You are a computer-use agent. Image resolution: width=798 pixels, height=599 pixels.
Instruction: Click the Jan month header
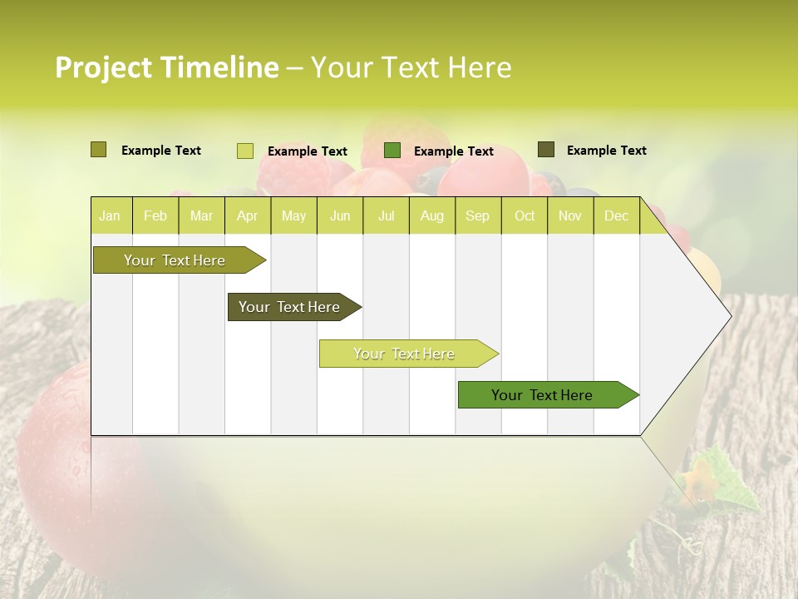[x=110, y=215]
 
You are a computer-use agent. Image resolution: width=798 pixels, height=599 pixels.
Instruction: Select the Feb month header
[x=155, y=215]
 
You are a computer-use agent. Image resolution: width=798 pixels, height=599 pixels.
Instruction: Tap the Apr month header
[x=247, y=215]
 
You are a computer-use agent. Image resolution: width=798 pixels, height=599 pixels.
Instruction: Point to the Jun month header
[x=340, y=215]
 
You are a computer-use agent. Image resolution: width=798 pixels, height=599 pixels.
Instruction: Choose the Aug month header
[x=431, y=215]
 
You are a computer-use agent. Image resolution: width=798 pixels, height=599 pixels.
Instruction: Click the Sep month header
[x=477, y=215]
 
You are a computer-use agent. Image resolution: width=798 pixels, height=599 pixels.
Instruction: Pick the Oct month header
[x=525, y=215]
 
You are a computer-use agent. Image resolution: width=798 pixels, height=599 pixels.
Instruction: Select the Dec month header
[x=616, y=215]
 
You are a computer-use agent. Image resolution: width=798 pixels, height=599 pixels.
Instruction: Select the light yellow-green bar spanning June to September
[x=405, y=354]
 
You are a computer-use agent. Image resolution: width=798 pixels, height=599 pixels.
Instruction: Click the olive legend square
[x=98, y=150]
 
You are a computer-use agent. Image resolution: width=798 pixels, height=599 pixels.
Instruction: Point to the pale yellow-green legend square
[x=244, y=151]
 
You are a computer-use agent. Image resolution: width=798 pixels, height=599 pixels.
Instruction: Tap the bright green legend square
[x=392, y=151]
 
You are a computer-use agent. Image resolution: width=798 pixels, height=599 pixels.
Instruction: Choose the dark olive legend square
[x=545, y=150]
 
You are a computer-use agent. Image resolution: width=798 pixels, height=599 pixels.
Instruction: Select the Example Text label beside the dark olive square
[x=606, y=150]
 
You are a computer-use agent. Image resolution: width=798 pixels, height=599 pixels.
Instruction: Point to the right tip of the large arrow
[x=730, y=316]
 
